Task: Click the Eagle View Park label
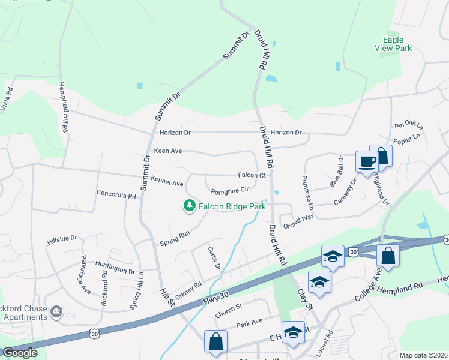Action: pyautogui.click(x=393, y=44)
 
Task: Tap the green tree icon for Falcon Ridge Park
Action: pyautogui.click(x=190, y=206)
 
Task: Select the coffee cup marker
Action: pyautogui.click(x=367, y=161)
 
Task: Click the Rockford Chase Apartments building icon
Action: pyautogui.click(x=56, y=311)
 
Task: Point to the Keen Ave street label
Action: pyautogui.click(x=167, y=151)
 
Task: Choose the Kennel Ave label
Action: pyautogui.click(x=167, y=182)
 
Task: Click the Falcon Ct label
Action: pyautogui.click(x=252, y=175)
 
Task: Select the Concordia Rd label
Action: pyautogui.click(x=116, y=195)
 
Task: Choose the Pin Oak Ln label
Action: pyautogui.click(x=409, y=127)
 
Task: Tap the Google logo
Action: pyautogui.click(x=20, y=352)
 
